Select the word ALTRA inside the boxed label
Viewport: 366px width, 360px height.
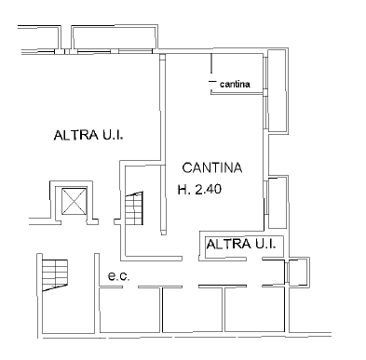click(x=224, y=245)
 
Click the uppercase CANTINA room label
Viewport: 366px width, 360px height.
click(x=211, y=168)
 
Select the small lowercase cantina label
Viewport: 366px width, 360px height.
click(x=234, y=86)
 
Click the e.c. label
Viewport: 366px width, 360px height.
click(x=117, y=275)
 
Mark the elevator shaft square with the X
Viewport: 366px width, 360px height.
click(x=72, y=200)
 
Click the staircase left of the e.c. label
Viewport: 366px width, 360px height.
click(x=55, y=275)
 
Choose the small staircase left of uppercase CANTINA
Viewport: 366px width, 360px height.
click(x=138, y=207)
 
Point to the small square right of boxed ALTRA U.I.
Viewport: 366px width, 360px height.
click(x=297, y=272)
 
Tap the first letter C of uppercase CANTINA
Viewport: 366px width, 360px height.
click(x=186, y=168)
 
